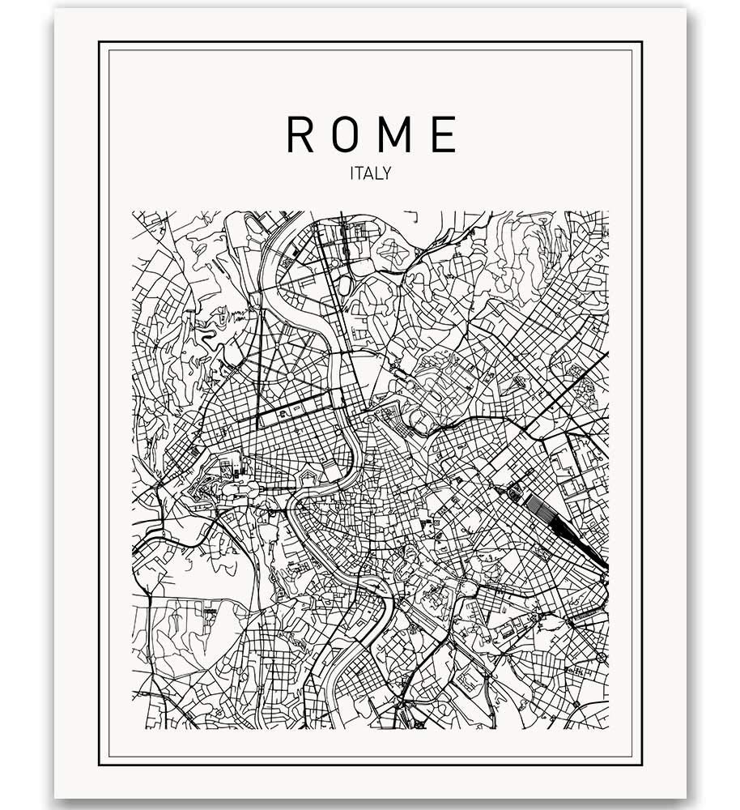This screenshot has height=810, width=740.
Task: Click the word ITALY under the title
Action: [x=370, y=173]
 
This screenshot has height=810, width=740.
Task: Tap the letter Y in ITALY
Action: [x=387, y=173]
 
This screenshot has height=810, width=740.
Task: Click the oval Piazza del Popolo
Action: [x=369, y=420]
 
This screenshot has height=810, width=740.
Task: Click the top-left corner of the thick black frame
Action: [x=100, y=42]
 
